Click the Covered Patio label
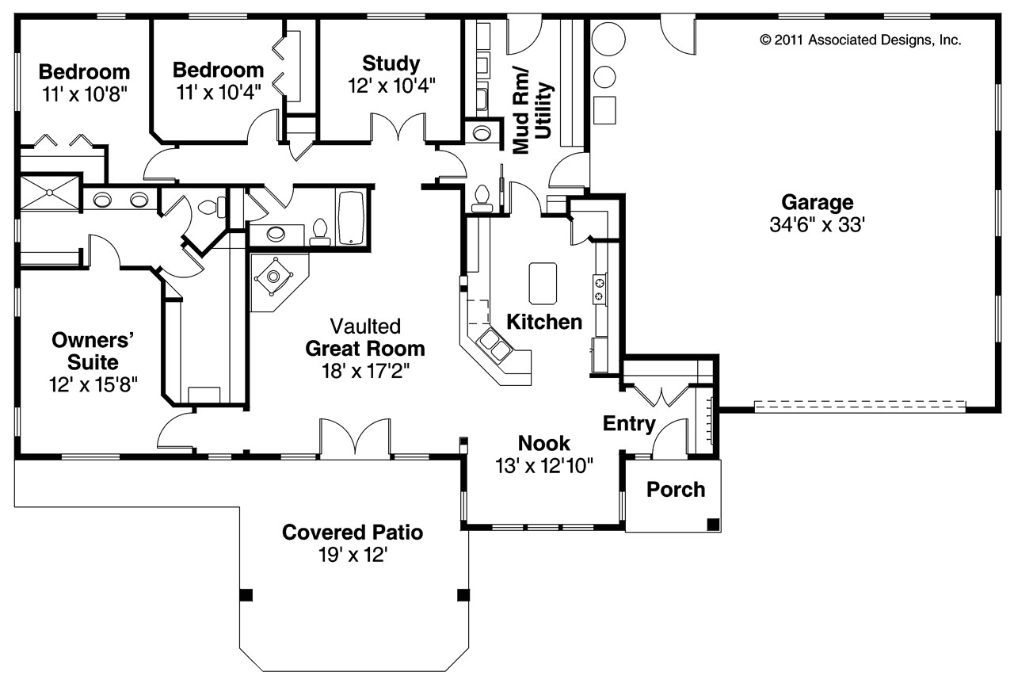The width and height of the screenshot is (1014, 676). click(x=353, y=533)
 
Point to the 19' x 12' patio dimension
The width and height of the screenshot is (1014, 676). click(x=353, y=555)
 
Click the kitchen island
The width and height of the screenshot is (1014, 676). click(x=543, y=283)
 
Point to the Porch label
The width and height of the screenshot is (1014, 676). click(x=675, y=490)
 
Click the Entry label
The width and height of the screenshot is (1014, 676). click(x=629, y=424)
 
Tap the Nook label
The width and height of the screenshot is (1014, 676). click(x=543, y=444)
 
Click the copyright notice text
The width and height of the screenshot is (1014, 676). click(x=860, y=40)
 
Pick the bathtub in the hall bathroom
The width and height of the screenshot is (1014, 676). click(x=351, y=217)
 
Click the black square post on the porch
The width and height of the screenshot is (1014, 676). click(x=713, y=523)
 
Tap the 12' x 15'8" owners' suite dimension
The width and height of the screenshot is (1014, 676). click(x=92, y=385)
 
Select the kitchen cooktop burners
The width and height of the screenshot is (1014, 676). click(x=600, y=288)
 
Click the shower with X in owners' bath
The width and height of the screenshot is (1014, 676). click(x=48, y=192)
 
